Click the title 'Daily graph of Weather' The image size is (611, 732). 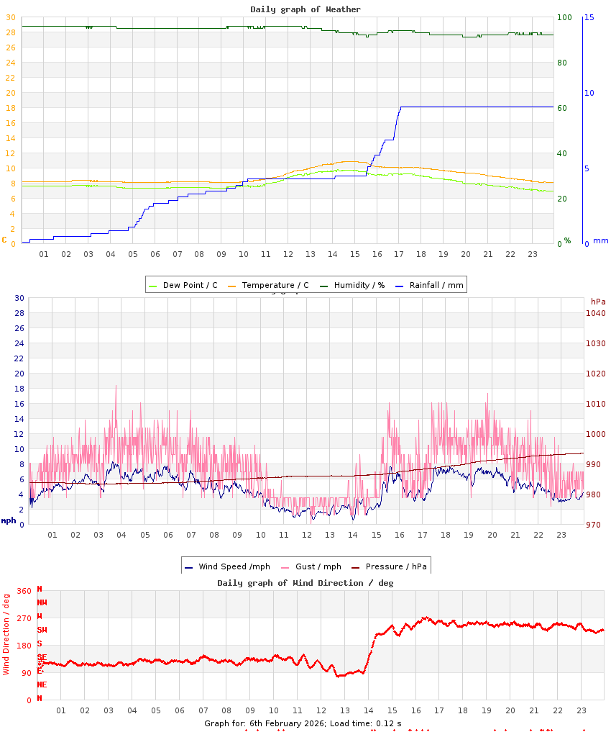click(305, 9)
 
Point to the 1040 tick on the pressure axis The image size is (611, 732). click(596, 313)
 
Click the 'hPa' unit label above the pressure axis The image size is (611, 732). click(598, 301)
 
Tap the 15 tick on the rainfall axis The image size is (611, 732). click(589, 17)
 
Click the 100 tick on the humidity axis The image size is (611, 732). click(564, 17)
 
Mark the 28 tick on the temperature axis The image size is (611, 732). click(11, 32)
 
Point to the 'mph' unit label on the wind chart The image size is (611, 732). click(8, 520)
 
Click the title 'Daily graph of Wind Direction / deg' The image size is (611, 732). click(305, 582)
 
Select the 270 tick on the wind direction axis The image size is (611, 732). click(24, 618)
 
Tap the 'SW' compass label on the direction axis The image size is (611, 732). click(42, 631)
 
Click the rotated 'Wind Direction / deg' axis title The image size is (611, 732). click(6, 634)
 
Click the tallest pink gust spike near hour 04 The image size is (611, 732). click(116, 386)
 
